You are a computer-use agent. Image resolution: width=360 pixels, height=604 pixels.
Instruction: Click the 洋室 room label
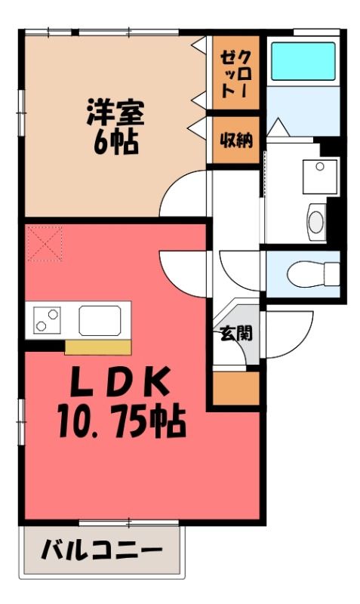114,114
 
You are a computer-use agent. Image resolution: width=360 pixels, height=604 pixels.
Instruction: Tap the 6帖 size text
115,142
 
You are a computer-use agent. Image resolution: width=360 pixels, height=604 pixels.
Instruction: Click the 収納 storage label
235,140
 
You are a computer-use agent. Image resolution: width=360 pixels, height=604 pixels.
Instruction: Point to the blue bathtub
302,61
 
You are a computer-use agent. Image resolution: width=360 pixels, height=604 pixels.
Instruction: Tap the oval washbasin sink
315,220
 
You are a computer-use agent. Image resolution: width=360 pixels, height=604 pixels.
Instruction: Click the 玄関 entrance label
236,332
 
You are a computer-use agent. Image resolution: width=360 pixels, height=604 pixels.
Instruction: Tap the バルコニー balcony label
101,548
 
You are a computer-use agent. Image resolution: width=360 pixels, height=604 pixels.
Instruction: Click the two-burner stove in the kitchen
47,321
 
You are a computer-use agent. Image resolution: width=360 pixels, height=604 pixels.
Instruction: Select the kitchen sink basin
100,320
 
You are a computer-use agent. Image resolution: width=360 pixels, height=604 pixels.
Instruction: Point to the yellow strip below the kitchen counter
97,347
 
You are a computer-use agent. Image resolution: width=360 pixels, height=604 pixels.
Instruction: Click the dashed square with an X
44,243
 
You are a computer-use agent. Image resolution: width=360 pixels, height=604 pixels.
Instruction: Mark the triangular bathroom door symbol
278,128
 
